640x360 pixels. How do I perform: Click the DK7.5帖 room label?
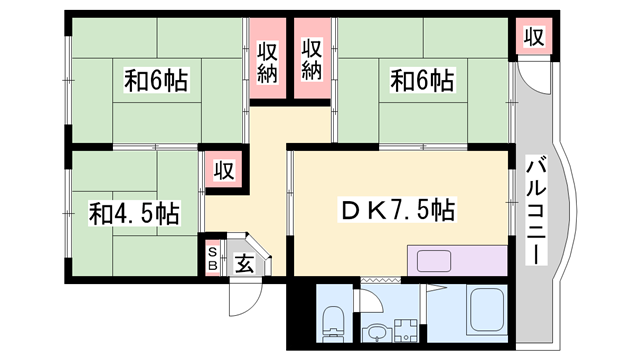(x=398, y=210)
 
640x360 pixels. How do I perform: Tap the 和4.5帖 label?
(x=134, y=213)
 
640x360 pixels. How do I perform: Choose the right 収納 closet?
(x=312, y=60)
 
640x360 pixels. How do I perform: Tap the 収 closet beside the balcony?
(x=535, y=38)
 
